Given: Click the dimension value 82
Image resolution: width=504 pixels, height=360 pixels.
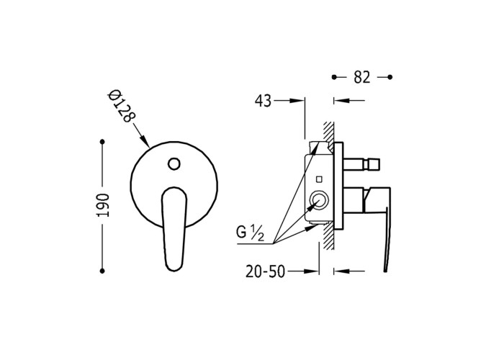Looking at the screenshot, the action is [x=362, y=77].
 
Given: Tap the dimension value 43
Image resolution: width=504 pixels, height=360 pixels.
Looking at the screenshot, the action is [x=263, y=101].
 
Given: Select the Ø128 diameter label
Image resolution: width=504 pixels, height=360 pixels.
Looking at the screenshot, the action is [x=121, y=107].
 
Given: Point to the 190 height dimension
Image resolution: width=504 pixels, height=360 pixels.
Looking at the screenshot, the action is [x=104, y=205].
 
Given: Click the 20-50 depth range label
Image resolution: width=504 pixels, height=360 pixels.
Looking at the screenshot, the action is [x=266, y=271].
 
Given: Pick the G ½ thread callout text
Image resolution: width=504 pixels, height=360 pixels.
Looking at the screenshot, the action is [x=250, y=233].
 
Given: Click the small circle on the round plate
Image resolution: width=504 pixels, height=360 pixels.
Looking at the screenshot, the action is [x=174, y=163].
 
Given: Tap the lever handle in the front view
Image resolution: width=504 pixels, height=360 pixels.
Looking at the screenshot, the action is [x=174, y=229].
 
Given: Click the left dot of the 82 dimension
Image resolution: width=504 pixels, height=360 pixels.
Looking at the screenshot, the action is [x=334, y=77].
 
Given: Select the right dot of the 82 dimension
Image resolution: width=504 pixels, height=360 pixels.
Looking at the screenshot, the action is [x=390, y=77].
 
